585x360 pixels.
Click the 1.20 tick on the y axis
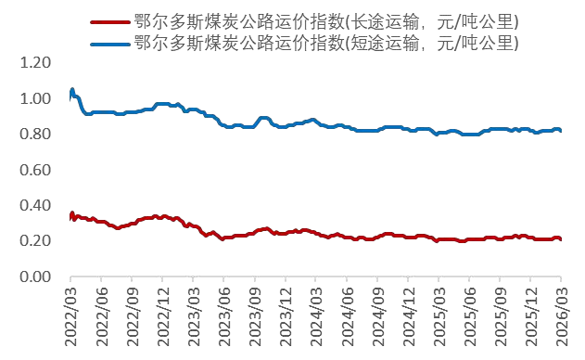coord(34,63)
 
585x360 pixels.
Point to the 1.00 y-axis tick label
coord(34,98)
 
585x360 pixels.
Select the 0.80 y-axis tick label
coord(34,134)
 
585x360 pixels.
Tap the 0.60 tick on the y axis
coord(34,170)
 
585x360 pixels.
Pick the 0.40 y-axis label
coord(34,205)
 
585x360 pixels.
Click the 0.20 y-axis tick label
coord(34,240)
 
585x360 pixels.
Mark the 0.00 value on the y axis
coord(34,276)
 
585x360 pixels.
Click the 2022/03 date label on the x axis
coord(71,318)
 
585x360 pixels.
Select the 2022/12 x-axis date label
coord(163,318)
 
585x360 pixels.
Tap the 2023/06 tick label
coord(224,318)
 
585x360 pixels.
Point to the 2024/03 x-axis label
coord(316,318)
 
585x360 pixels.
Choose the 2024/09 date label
coord(377,318)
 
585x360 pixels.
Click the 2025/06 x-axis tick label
coord(469,318)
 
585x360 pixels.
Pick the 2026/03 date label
coord(561,318)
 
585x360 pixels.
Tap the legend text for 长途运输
coord(325,20)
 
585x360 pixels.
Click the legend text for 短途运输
coord(325,43)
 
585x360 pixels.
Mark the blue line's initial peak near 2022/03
coord(72,89)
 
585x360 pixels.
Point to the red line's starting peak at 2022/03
coord(72,213)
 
